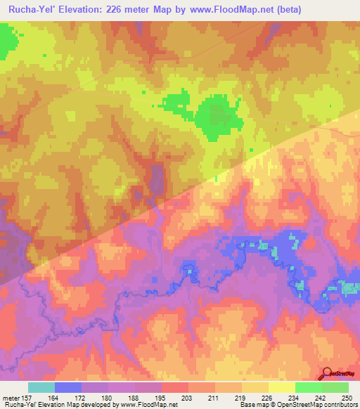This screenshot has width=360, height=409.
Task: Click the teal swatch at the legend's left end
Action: tap(41, 388)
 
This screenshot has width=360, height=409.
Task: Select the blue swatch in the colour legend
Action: tap(68, 388)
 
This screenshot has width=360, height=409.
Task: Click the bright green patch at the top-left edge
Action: tap(6, 41)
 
